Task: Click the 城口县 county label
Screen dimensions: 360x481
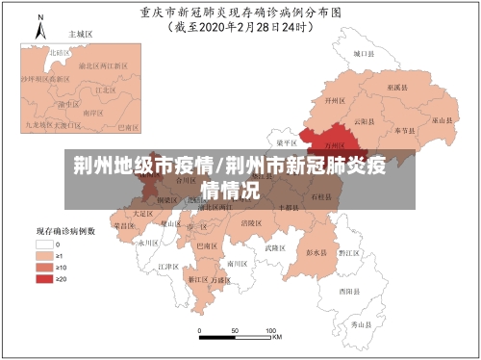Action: pos(362,55)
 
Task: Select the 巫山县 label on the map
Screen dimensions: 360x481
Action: pos(442,120)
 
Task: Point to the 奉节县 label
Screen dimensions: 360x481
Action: pos(402,129)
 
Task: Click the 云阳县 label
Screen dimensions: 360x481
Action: pos(361,122)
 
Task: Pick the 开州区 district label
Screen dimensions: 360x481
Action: pos(334,100)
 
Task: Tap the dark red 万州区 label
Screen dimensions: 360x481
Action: pos(335,144)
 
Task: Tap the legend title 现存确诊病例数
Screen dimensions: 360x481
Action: pos(65,231)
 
